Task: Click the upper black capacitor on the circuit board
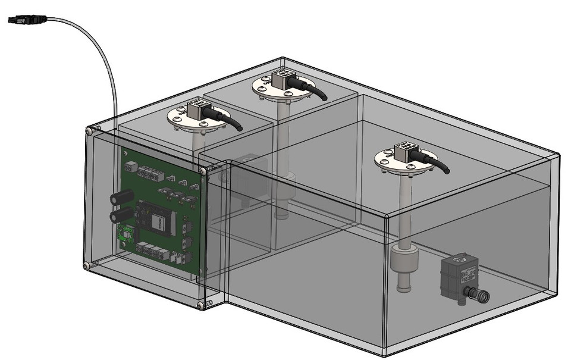[123, 199]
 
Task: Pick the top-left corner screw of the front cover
[89, 131]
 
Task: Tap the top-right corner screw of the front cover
[204, 171]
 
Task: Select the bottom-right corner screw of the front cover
[200, 305]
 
